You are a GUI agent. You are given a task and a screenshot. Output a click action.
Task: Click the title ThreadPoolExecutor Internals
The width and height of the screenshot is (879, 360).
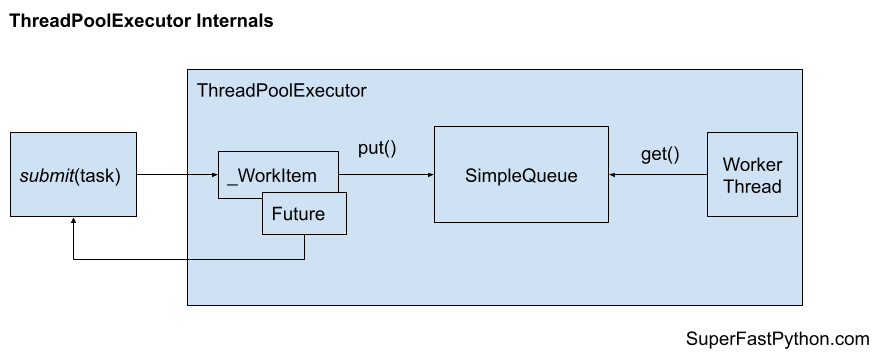point(140,21)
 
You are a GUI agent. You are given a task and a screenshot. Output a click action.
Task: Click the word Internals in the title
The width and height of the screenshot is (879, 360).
point(234,21)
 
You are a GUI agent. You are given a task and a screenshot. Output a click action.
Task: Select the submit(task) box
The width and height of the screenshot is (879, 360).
point(71,175)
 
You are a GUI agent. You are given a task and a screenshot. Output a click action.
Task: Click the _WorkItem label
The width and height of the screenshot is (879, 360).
point(272,176)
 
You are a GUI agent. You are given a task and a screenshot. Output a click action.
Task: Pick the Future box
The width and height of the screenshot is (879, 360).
point(305,214)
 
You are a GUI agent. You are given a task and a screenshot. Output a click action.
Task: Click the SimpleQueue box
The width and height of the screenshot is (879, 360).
point(521,175)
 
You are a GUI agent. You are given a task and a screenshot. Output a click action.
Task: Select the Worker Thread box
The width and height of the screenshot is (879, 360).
point(752,175)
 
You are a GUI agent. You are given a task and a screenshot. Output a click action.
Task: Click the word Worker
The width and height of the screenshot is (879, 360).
point(752,164)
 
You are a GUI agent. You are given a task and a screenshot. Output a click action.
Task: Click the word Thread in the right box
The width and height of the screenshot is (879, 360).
point(752,186)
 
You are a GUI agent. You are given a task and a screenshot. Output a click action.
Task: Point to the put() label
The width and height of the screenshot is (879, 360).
point(377,149)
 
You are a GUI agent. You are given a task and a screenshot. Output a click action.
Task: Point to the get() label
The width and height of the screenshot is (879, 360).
point(659,154)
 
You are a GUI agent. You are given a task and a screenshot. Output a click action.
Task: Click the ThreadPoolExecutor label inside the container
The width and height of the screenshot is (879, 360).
point(282,91)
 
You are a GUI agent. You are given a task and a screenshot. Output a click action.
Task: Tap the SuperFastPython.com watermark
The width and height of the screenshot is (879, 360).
point(778,339)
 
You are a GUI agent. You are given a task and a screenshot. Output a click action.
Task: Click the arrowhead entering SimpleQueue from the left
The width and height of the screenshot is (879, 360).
point(429,176)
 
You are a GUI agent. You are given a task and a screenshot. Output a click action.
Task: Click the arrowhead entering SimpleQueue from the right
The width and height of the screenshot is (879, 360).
point(614,176)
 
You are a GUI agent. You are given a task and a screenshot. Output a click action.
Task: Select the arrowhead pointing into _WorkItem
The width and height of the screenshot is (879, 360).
point(214,176)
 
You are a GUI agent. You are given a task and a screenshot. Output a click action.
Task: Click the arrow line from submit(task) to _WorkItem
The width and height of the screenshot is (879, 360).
point(175,176)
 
